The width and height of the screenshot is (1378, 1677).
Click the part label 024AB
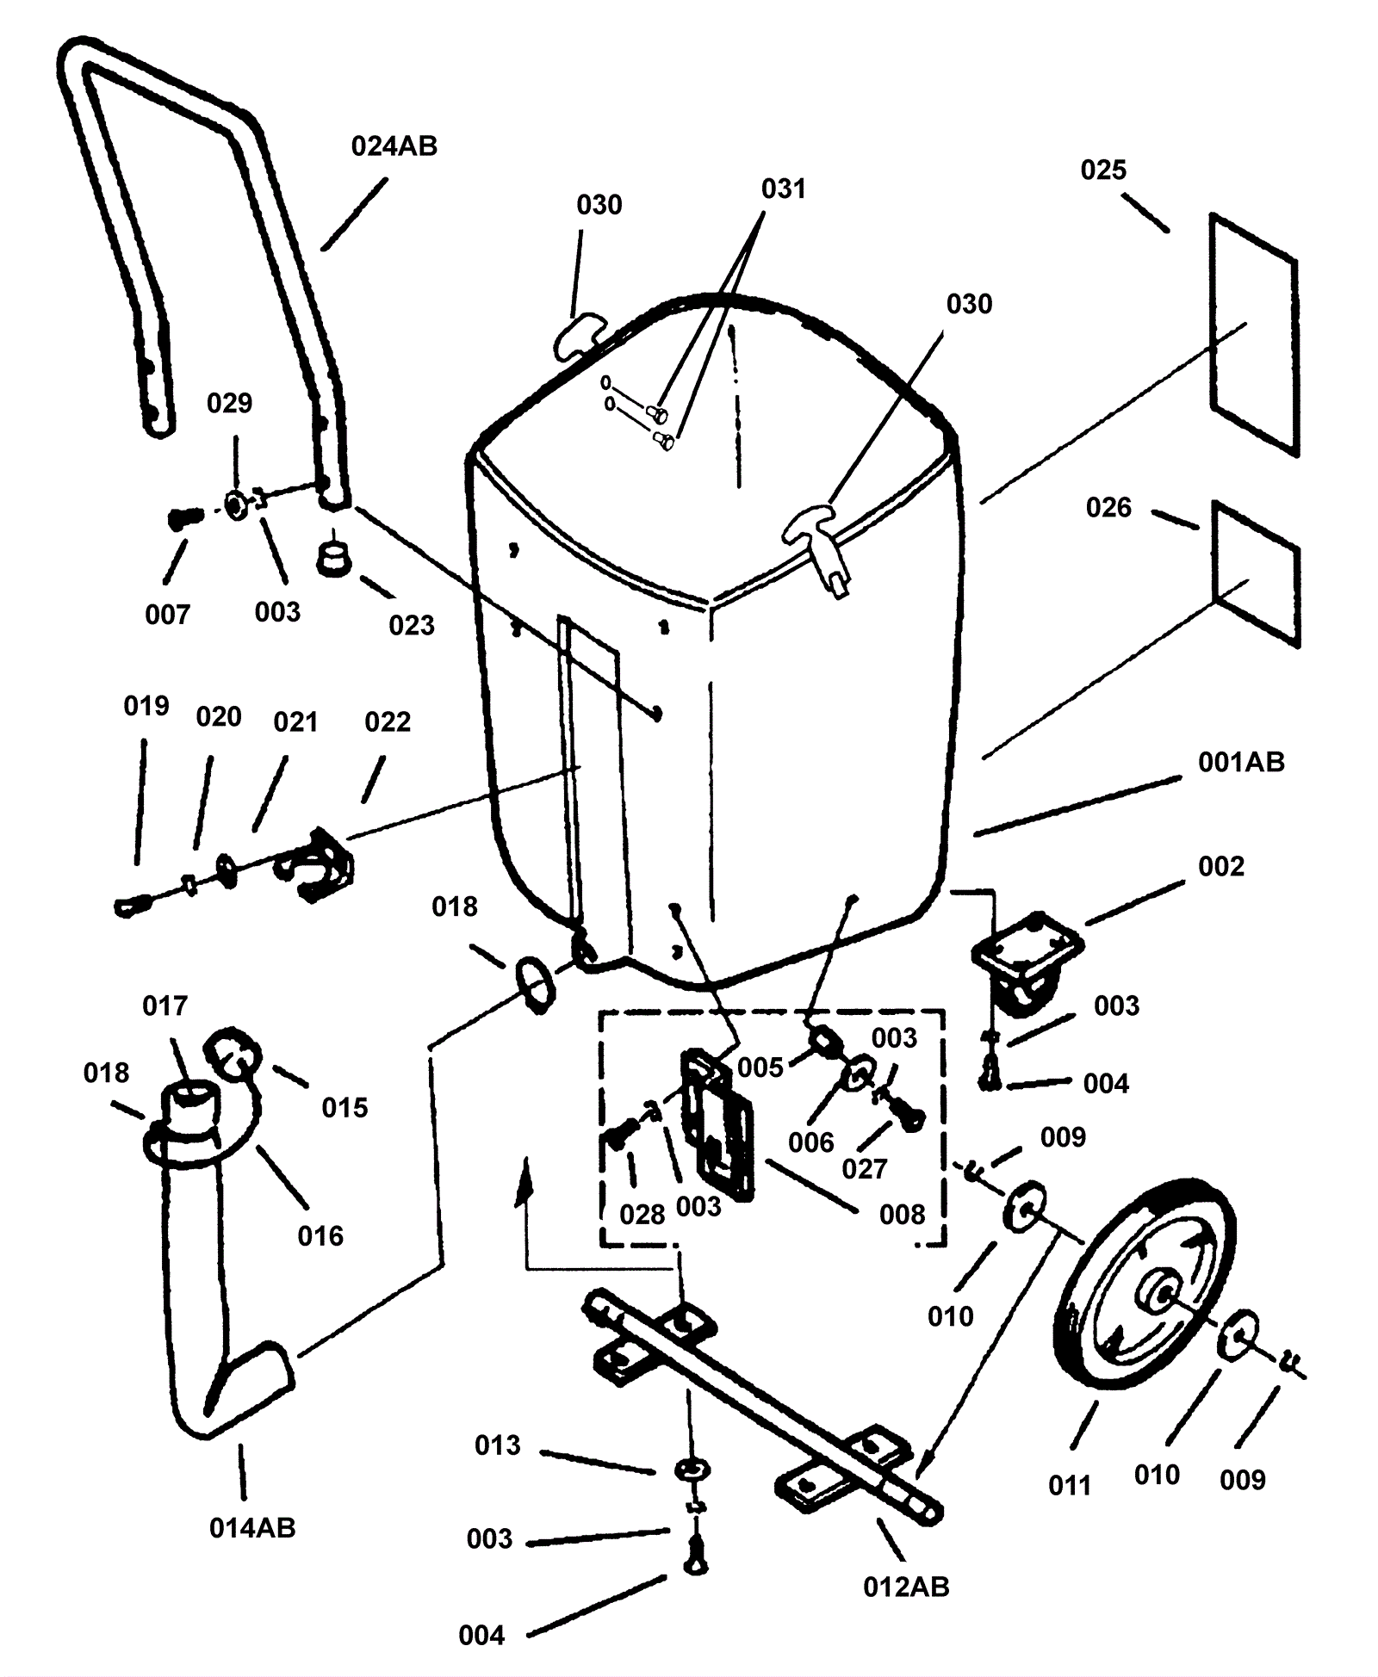click(394, 146)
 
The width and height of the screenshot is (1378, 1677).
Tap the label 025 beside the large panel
click(1103, 170)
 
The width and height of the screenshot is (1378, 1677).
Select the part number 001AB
click(1241, 762)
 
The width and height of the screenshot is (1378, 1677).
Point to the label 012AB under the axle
click(906, 1587)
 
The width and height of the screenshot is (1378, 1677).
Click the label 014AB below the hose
click(252, 1528)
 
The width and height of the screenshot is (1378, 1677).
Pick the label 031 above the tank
click(783, 189)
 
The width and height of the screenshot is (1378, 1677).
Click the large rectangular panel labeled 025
click(1253, 334)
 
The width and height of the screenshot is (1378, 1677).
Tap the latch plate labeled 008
click(718, 1123)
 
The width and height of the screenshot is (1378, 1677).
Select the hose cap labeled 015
click(233, 1053)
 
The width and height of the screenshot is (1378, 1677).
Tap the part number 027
click(864, 1168)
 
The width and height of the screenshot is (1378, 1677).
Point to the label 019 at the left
click(146, 706)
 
